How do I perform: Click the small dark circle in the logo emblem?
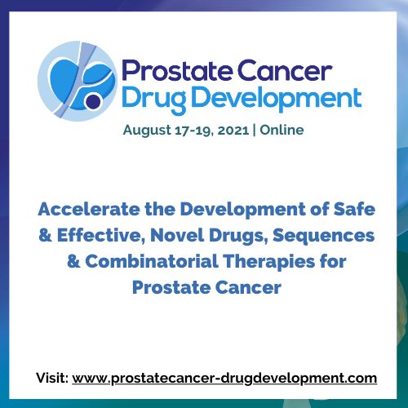92,101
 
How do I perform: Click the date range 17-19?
193,129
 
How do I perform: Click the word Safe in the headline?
354,210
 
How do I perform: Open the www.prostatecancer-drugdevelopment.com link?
224,378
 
